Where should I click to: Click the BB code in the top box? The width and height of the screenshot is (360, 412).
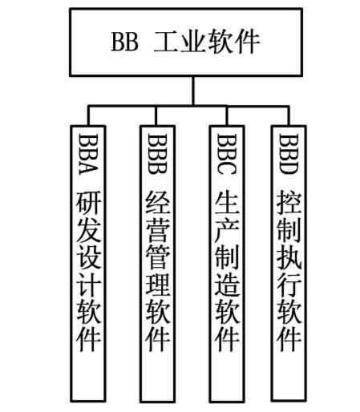click(x=125, y=42)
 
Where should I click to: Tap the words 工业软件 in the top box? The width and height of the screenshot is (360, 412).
click(x=206, y=42)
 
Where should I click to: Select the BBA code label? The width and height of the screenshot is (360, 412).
click(x=88, y=154)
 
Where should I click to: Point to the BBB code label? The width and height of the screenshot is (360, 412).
click(x=157, y=154)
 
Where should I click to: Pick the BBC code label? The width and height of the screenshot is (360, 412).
click(x=227, y=154)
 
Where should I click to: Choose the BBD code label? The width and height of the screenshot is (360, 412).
click(x=289, y=154)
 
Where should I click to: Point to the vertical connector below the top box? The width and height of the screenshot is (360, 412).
click(x=193, y=91)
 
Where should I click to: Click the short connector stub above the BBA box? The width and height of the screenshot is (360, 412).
click(x=88, y=115)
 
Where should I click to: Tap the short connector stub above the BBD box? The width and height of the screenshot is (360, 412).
click(x=289, y=115)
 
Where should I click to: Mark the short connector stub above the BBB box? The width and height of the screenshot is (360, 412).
click(x=156, y=115)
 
